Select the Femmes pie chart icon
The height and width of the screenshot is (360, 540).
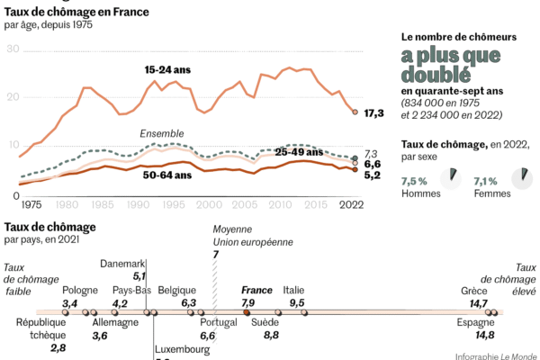click(x=519, y=180)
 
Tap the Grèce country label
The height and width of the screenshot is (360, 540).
click(x=474, y=290)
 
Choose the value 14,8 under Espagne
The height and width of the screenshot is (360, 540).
click(x=484, y=335)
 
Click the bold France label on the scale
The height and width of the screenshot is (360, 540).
click(x=256, y=290)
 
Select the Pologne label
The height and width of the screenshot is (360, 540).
click(x=81, y=290)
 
